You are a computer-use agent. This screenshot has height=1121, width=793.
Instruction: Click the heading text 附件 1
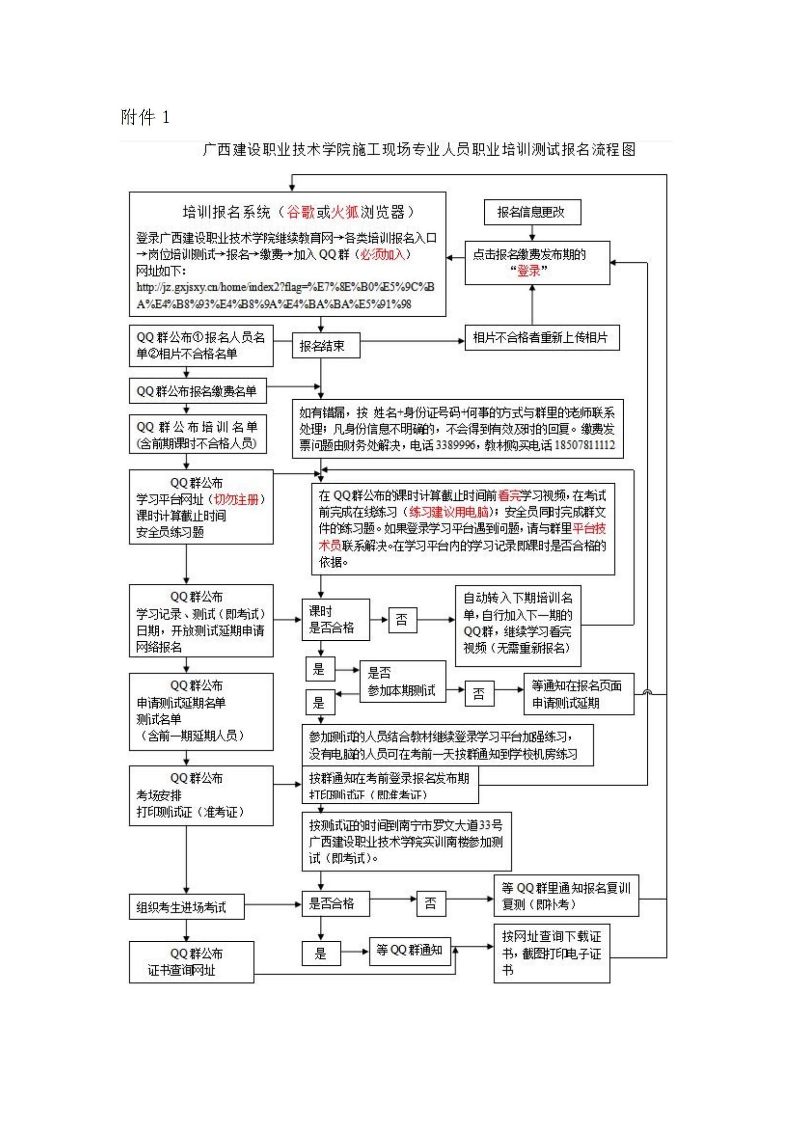[x=144, y=117]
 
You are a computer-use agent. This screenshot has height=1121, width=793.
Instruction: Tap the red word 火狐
[x=345, y=212]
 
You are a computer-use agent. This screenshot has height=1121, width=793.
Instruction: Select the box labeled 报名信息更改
[x=532, y=212]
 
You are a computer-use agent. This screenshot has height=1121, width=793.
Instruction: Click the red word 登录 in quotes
[x=529, y=271]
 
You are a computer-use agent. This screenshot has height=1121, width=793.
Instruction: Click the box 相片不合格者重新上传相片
[x=541, y=337]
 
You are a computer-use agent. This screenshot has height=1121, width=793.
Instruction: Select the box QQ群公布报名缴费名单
[x=197, y=391]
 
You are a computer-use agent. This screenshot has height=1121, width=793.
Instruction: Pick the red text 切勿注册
[x=236, y=499]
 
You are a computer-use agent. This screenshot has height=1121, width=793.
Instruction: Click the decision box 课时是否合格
[x=335, y=619]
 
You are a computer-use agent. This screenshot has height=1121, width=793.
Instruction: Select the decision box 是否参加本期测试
[x=402, y=682]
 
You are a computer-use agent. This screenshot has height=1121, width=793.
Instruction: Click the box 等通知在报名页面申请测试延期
[x=578, y=694]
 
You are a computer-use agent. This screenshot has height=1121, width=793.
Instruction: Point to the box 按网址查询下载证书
[x=551, y=953]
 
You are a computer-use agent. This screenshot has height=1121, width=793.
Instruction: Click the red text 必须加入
[x=383, y=254]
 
